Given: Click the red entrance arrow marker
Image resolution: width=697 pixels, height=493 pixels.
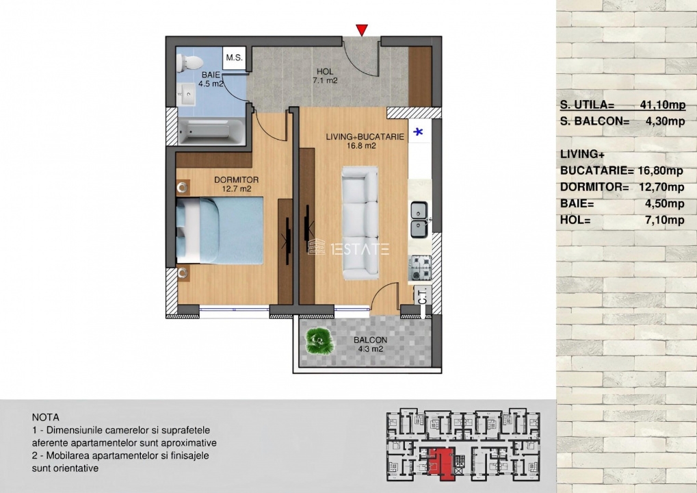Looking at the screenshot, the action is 362,30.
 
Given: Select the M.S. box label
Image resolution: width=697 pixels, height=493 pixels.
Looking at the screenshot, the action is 234,58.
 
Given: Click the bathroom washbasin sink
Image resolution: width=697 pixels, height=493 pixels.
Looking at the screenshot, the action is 186,94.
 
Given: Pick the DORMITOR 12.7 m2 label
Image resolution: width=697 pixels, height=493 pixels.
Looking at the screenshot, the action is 236,184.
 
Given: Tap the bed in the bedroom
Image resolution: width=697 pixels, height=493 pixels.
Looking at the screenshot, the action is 220,231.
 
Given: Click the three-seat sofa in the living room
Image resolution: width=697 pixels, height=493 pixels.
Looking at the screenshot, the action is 360,223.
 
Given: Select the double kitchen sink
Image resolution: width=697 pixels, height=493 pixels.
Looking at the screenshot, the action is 419,219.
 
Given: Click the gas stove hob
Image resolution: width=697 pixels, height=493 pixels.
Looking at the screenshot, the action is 419,267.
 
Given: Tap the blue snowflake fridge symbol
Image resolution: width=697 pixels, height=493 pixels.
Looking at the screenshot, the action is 419,131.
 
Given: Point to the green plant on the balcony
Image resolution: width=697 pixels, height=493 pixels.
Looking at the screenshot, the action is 319,340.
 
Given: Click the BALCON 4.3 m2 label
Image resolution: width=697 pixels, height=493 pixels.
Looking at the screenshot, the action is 370,344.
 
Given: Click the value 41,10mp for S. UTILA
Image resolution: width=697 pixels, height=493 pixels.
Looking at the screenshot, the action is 662,105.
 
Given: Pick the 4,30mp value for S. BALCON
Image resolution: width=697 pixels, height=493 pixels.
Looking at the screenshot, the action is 665,121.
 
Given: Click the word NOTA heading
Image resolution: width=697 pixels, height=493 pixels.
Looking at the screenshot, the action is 45,418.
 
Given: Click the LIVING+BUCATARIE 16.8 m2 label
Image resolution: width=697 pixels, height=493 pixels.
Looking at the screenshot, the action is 365,141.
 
